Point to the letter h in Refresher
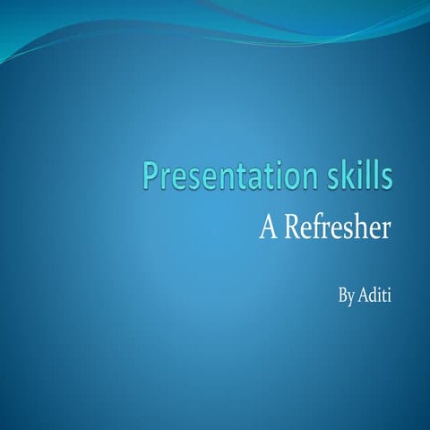pos(361,228)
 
